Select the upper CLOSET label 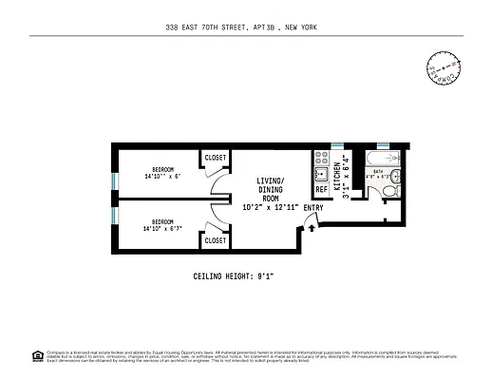point(216,157)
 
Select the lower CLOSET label point(216,240)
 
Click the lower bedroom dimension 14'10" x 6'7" point(169,228)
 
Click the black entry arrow point(312,225)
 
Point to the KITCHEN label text point(336,176)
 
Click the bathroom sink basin point(399,176)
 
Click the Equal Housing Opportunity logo point(37,357)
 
